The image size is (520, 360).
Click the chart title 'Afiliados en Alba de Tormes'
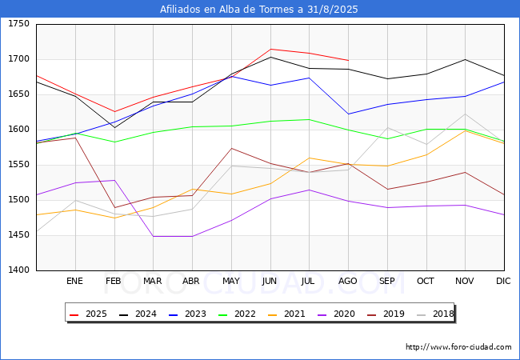coord(259,10)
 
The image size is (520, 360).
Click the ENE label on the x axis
coord(74,282)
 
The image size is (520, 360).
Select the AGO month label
coord(348,282)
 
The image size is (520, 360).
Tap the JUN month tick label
coord(270,282)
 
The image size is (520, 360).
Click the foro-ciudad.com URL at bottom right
coord(458,347)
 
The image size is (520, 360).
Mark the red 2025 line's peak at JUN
coord(270,49)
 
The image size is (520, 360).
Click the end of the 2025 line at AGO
coord(348,60)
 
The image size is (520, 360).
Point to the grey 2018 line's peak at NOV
coord(465,114)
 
